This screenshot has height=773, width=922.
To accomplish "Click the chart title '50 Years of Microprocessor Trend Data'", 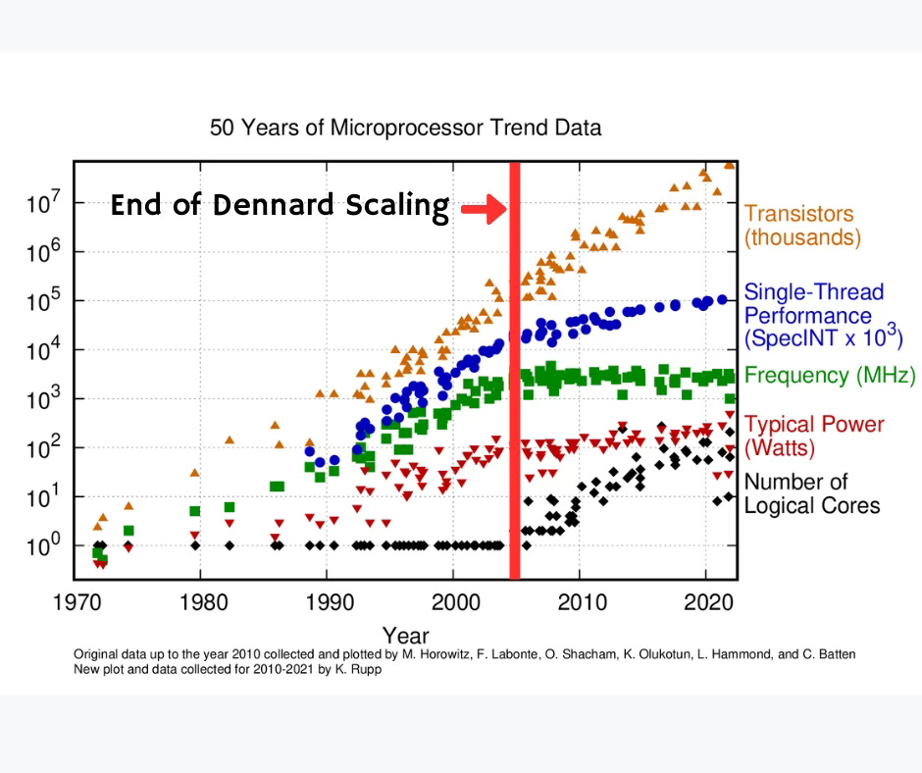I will (x=405, y=128).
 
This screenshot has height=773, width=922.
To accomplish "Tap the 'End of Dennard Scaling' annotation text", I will (x=279, y=206).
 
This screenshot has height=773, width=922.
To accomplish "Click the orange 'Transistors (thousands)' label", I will (x=798, y=226).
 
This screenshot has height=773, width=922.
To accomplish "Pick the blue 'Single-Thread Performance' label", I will (x=822, y=316).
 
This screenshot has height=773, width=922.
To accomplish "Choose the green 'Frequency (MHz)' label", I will (x=830, y=376).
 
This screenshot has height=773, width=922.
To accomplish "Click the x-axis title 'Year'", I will (x=405, y=636).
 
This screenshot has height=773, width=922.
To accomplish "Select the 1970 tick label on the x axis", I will (x=74, y=599).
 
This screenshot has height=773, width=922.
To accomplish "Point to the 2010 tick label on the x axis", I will (x=580, y=599).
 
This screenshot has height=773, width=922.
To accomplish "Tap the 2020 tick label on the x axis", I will (x=706, y=599).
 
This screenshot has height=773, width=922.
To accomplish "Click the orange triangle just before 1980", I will (x=194, y=473).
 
